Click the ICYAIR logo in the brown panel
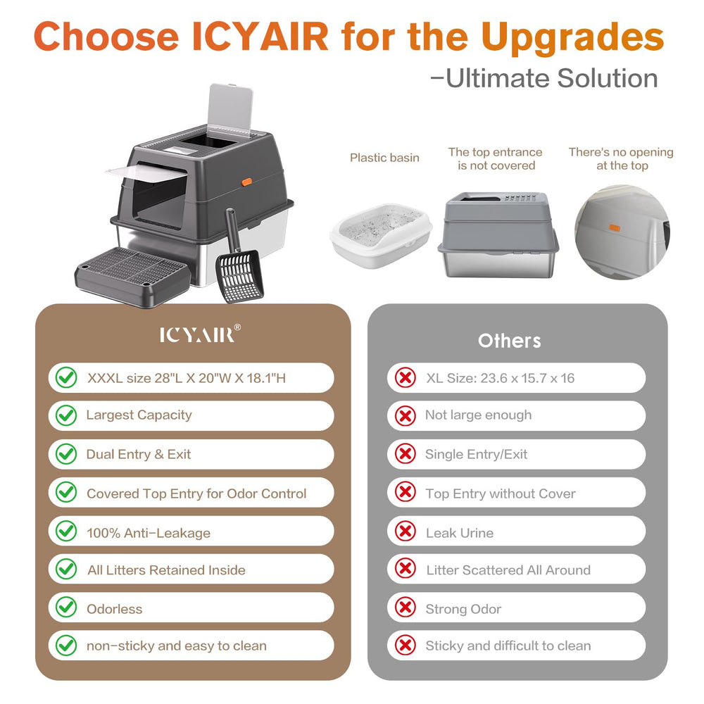(x=196, y=334)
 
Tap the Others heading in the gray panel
(x=509, y=341)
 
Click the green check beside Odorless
(x=66, y=608)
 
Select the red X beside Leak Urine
(x=405, y=532)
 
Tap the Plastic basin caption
(x=384, y=158)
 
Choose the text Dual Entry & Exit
(x=138, y=454)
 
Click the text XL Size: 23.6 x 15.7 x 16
(x=500, y=378)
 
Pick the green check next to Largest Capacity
(x=66, y=415)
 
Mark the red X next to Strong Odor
(x=405, y=608)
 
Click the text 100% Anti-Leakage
(x=148, y=533)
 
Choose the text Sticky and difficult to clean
(x=508, y=646)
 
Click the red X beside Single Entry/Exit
(x=405, y=454)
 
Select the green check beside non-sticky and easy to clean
(x=66, y=645)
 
